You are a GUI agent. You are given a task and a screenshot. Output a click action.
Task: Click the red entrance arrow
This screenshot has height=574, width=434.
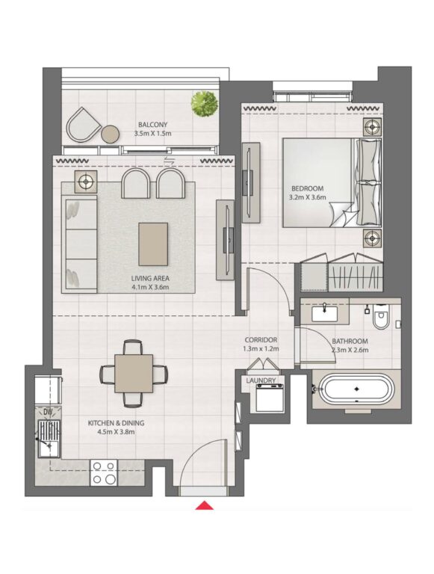204,505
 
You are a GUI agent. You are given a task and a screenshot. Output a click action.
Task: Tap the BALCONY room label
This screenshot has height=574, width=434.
152,125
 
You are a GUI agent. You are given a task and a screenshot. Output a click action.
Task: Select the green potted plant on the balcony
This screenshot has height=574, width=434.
205,104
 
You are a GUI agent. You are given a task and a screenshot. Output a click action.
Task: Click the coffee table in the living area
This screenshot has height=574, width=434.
153,244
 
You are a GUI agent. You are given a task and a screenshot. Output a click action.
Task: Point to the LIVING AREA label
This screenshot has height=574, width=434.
150,279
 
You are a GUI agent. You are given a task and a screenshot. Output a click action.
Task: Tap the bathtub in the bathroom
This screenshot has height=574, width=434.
356,389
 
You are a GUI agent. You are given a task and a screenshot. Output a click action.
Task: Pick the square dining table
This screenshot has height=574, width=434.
134,374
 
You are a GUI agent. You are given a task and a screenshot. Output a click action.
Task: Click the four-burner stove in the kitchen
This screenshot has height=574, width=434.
104,472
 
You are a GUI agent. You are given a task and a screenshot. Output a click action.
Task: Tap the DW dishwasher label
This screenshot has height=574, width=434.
48,412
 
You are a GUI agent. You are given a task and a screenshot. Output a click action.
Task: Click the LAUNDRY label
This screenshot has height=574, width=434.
261,380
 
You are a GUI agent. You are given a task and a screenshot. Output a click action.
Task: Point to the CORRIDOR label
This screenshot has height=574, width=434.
261,340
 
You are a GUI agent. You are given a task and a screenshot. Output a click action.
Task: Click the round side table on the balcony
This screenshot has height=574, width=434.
110,134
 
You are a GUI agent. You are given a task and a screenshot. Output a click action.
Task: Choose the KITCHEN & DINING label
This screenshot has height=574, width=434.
116,423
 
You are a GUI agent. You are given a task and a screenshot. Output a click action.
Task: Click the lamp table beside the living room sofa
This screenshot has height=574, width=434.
86,181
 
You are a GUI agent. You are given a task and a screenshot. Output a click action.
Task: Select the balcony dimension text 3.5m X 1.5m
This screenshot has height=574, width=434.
152,134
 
